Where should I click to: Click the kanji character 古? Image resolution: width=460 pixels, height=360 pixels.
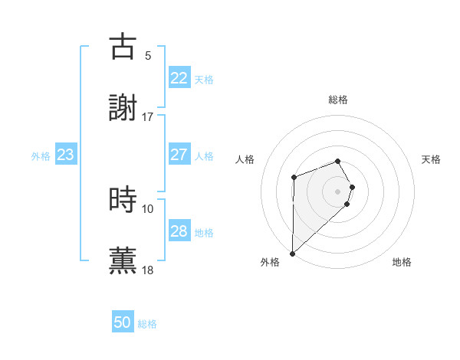coord(123,47)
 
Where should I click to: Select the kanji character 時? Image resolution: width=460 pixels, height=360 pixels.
coord(123,199)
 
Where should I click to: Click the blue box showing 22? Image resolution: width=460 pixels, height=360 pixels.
coord(179,78)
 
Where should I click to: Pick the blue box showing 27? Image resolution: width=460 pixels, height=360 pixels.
coord(179,155)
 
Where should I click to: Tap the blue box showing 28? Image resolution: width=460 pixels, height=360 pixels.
coord(179,231)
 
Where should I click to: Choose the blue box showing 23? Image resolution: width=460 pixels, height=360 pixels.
coord(66,155)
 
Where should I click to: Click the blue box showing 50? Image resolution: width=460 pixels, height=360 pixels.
coord(123,322)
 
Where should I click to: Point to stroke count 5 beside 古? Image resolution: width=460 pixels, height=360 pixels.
coord(148,56)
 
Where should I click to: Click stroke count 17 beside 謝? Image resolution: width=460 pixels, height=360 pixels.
coord(148,117)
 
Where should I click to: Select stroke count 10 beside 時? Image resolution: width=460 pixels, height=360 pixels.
coord(148,208)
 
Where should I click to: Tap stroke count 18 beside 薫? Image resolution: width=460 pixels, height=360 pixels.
coord(148,270)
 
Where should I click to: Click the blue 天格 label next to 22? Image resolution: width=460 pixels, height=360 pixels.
coord(204,79)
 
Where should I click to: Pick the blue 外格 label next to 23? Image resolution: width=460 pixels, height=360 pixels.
coord(41,155)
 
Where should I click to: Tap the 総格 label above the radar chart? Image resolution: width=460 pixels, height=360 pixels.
coord(338,100)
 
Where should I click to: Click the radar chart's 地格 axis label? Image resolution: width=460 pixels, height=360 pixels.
coord(402,263)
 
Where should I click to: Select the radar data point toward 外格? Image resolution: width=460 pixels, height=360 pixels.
coord(292,253)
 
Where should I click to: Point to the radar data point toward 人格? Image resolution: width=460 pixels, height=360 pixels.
coord(294,178)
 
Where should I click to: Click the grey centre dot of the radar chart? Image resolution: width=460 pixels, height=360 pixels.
coord(338,191)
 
